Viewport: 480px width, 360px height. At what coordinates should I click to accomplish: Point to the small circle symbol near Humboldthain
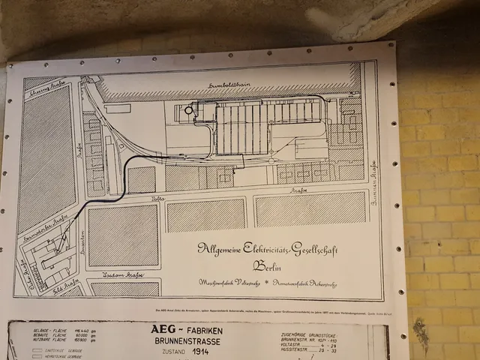coord(188,110)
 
